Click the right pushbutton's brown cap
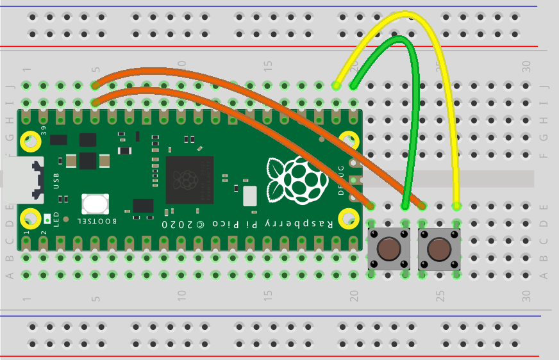(439, 248)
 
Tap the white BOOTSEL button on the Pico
(95, 204)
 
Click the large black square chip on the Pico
(189, 179)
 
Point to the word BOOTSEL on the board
(97, 221)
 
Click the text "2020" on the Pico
(174, 225)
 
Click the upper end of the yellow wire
(336, 85)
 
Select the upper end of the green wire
(353, 85)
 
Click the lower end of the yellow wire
(456, 206)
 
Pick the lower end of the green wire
(405, 206)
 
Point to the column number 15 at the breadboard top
(268, 65)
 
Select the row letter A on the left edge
(9, 275)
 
